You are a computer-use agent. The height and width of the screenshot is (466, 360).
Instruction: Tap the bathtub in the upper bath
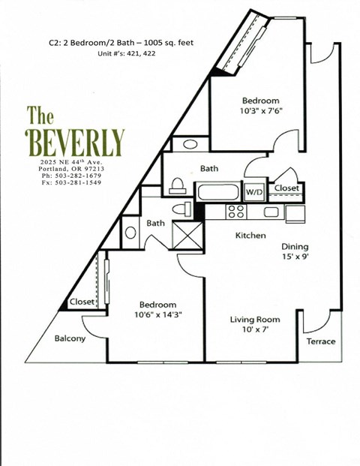point(217,191)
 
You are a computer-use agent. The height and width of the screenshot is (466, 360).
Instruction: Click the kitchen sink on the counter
point(271,212)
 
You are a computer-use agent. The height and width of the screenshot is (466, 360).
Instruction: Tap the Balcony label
point(70,338)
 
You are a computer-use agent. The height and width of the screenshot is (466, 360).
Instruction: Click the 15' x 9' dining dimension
point(295,257)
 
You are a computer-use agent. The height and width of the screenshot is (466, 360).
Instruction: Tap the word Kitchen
point(250,236)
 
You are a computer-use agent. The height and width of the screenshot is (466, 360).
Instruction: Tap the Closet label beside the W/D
point(286,188)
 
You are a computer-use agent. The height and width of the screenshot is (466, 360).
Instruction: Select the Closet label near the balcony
point(82,302)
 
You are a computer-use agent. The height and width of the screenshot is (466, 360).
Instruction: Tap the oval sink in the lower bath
point(130,232)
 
